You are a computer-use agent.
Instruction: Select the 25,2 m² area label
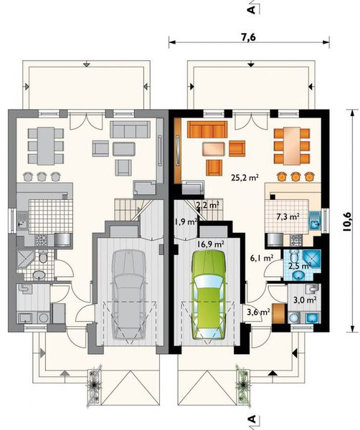pyautogui.click(x=245, y=178)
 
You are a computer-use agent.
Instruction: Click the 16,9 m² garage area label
pyautogui.click(x=211, y=244)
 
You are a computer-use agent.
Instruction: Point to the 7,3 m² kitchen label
pyautogui.click(x=288, y=216)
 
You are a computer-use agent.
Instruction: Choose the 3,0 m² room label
pyautogui.click(x=305, y=300)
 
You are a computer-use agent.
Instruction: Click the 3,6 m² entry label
pyautogui.click(x=258, y=312)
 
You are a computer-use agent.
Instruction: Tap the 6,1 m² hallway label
pyautogui.click(x=262, y=258)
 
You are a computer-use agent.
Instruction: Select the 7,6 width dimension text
pyautogui.click(x=249, y=37)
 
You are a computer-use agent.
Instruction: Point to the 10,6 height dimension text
pyautogui.click(x=346, y=222)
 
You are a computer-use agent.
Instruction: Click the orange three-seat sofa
pyautogui.click(x=207, y=129)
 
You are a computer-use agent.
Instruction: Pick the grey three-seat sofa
pyautogui.click(x=130, y=129)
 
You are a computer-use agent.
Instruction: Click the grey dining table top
pyautogui.click(x=46, y=145)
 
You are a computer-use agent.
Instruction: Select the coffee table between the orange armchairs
pyautogui.click(x=214, y=149)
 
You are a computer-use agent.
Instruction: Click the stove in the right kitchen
pyautogui.click(x=296, y=240)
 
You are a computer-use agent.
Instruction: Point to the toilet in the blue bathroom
pyautogui.click(x=294, y=256)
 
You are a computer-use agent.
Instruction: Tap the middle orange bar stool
pyautogui.click(x=295, y=176)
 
